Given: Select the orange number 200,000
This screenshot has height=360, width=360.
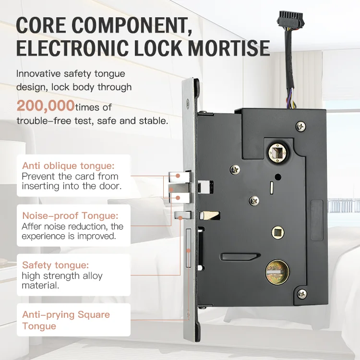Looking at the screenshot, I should click(x=46, y=105).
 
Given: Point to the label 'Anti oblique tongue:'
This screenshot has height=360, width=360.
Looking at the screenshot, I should click(x=68, y=166).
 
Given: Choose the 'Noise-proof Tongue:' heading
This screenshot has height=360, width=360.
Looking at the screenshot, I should click(x=70, y=216).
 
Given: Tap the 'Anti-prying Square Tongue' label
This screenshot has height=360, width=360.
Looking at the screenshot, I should click(x=66, y=320).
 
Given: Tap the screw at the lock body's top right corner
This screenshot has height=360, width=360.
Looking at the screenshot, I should click(x=300, y=126).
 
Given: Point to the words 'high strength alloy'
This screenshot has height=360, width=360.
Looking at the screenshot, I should click(x=62, y=276).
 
